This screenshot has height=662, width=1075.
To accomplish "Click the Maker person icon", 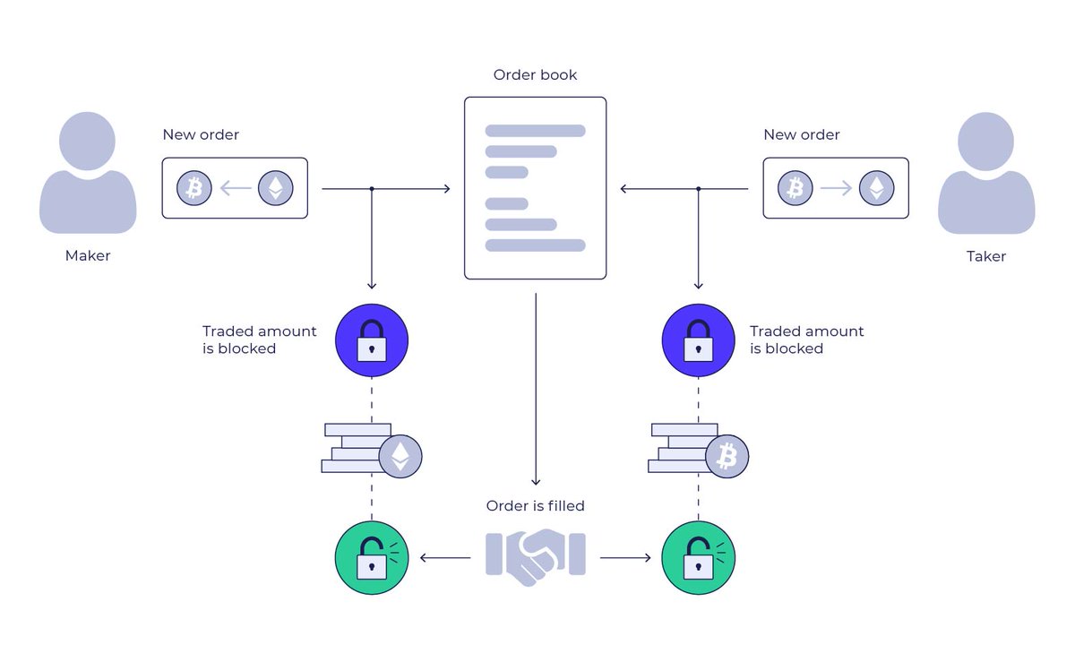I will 88,175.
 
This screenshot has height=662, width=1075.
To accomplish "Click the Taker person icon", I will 986,175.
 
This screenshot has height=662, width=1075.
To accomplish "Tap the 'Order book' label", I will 535,75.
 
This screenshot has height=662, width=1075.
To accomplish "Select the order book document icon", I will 535,188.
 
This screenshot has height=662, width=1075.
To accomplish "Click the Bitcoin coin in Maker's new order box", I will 193,188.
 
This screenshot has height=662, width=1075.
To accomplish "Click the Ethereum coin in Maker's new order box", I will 276,188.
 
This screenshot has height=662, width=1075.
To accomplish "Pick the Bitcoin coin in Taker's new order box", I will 795,188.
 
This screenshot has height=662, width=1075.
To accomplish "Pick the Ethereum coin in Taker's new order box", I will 876,188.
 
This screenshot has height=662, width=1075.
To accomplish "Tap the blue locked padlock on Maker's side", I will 372,340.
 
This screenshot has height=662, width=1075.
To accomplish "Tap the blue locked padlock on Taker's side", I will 698,340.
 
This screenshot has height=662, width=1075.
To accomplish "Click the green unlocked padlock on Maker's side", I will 372,558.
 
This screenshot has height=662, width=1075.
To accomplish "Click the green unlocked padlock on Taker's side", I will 698,558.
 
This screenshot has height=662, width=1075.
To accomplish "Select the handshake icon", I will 535,556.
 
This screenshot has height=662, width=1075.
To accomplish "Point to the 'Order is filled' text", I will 535,506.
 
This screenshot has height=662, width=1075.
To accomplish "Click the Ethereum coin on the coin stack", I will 400,456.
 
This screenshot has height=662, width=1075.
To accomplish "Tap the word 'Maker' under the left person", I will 88,256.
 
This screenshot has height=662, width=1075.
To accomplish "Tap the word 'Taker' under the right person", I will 985,256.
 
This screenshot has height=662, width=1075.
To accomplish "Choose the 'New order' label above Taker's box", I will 801,135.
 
